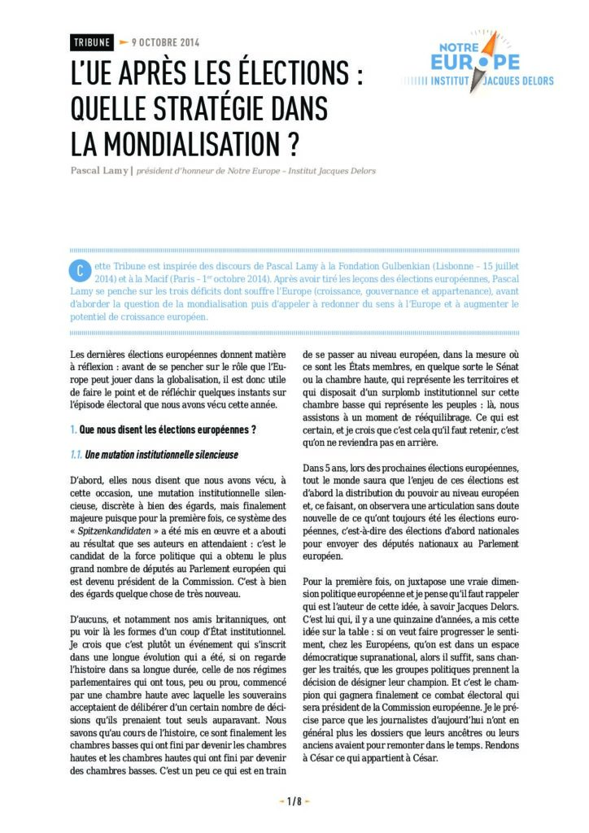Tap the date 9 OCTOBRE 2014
click(165, 42)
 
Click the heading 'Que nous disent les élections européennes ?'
click(168, 429)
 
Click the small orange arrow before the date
click(123, 41)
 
